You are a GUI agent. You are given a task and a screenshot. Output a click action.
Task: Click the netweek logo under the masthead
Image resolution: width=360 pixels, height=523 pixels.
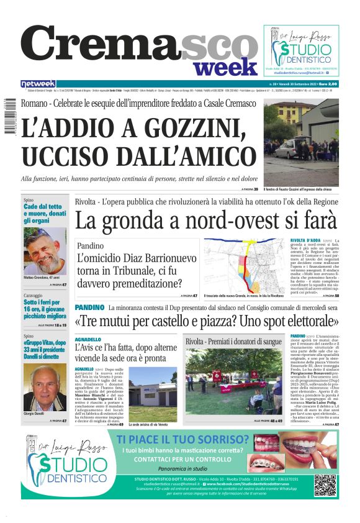38,84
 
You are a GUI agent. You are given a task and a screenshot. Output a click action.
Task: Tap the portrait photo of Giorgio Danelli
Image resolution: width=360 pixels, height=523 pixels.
45,391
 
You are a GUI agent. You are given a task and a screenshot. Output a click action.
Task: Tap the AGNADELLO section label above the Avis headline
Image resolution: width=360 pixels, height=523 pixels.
88,340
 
